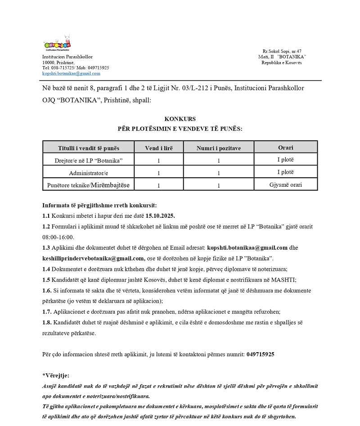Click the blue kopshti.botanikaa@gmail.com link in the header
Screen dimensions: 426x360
(71, 73)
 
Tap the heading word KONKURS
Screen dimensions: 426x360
(180, 119)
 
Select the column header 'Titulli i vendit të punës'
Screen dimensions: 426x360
(89, 148)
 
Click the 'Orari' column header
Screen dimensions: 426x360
(285, 147)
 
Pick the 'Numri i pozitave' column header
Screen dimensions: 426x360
(218, 148)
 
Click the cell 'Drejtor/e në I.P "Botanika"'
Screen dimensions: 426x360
(89, 160)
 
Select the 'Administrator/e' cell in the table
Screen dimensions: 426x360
(89, 173)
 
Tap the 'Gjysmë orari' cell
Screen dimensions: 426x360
(285, 184)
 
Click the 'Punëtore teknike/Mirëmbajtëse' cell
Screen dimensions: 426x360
(89, 184)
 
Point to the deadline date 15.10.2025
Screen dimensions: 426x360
(159, 215)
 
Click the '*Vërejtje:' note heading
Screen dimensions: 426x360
(56, 376)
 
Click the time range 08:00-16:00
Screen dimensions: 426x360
(58, 237)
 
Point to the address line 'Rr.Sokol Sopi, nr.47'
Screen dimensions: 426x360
(282, 52)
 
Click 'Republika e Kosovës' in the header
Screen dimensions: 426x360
(282, 63)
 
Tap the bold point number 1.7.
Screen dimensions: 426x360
(47, 312)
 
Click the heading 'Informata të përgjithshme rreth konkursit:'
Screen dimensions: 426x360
(99, 205)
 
